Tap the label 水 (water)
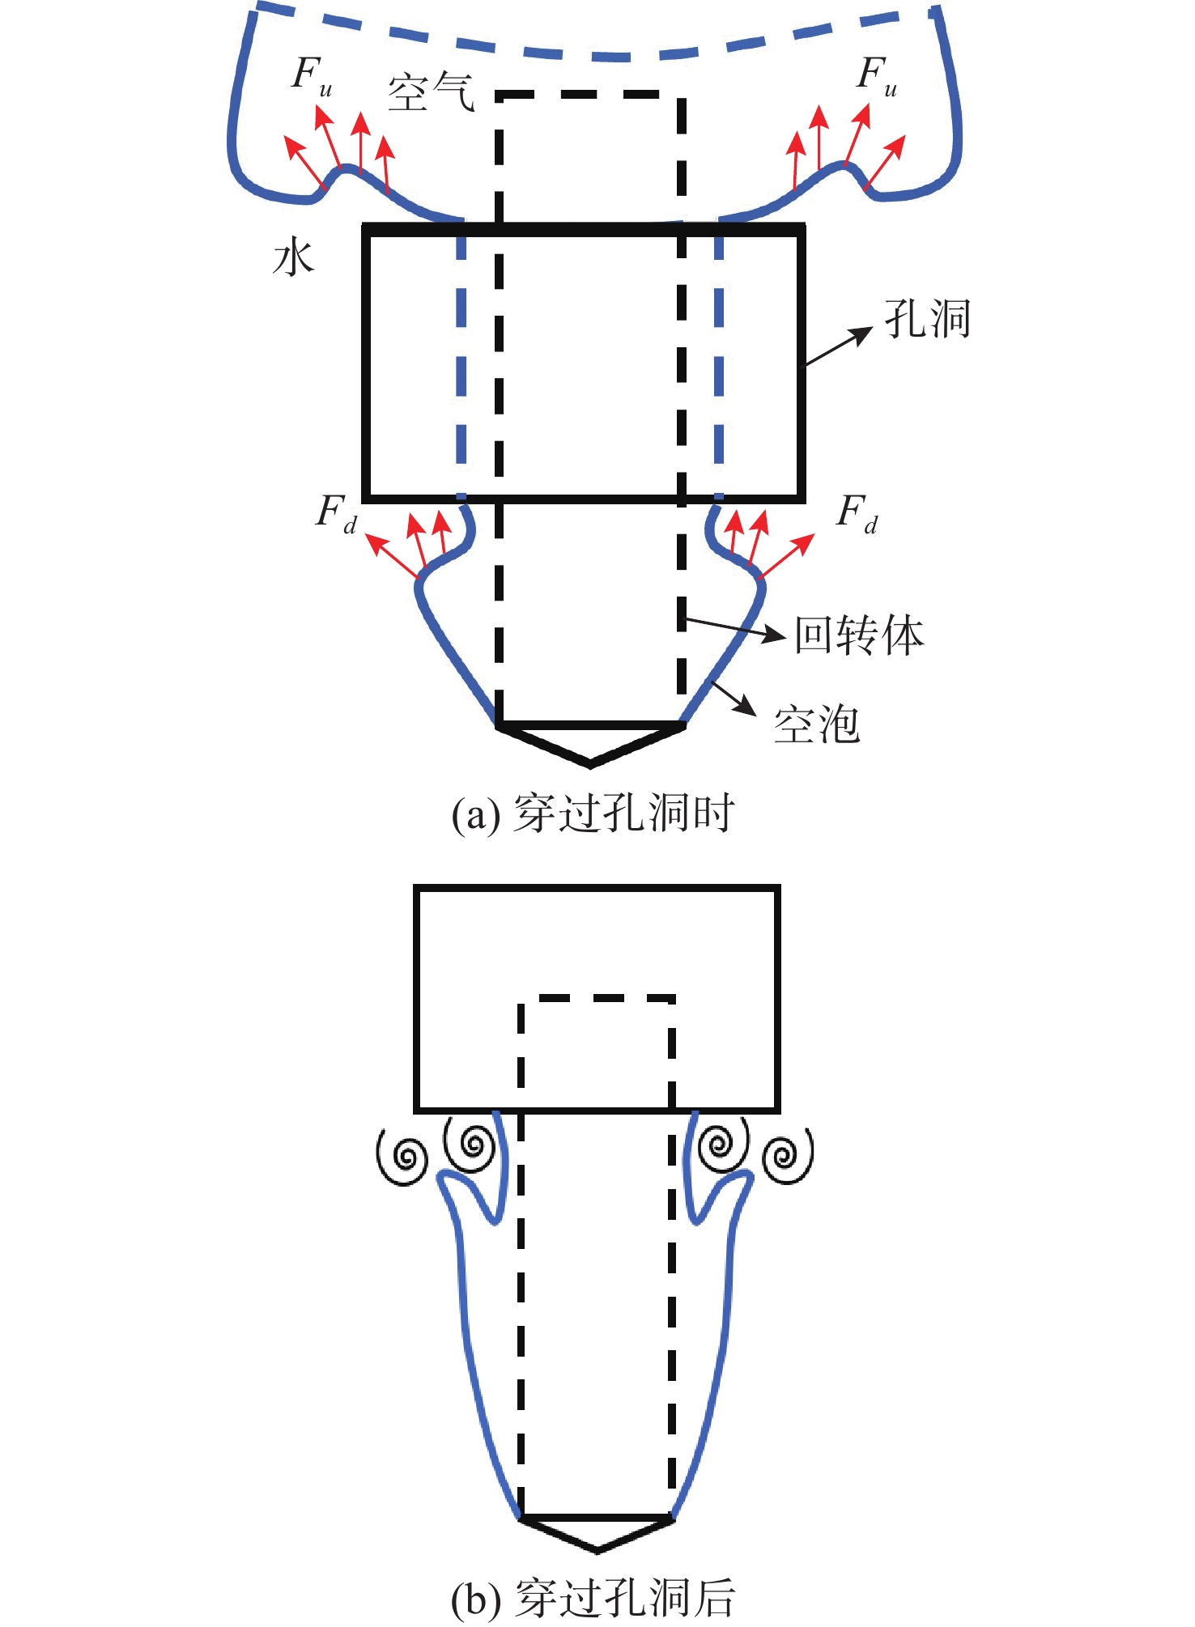pos(293,259)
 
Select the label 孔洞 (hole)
pos(928,318)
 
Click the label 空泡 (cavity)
pos(816,724)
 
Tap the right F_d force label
pos(857,514)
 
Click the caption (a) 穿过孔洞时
pos(593,813)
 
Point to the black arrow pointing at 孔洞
pos(838,347)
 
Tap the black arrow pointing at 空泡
pos(734,698)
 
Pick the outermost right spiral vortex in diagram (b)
pos(786,1156)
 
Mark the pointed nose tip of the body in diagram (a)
pos(590,763)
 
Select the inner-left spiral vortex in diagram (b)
pos(471,1144)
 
